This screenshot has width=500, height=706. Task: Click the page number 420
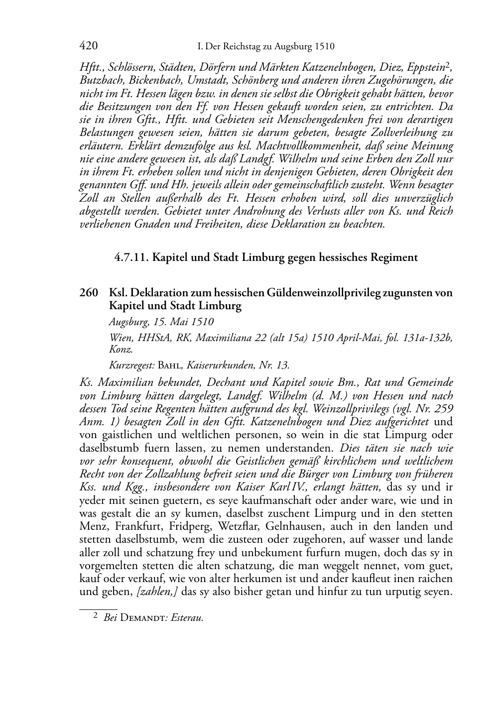[88, 46]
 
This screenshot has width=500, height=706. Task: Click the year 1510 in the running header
[324, 47]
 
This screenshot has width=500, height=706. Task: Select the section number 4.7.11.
[131, 257]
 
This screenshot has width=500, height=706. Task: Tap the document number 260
[88, 293]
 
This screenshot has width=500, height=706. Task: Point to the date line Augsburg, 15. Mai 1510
[161, 322]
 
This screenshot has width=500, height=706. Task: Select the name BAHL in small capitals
[170, 365]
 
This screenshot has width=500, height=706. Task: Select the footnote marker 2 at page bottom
[95, 616]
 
